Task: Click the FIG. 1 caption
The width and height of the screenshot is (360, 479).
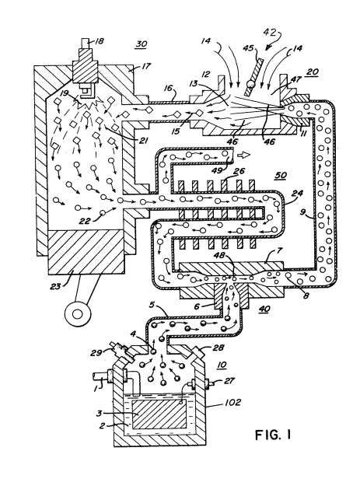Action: point(273,435)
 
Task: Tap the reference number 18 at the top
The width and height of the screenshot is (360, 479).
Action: point(100,41)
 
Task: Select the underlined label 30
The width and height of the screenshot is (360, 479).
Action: point(141,44)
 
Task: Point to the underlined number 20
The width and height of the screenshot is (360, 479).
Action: point(313,72)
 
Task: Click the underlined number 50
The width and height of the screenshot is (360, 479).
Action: point(281,176)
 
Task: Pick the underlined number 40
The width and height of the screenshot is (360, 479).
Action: point(264,309)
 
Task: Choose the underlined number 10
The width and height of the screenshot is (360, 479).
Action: point(222,365)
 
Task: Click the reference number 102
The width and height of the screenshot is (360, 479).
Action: point(232,402)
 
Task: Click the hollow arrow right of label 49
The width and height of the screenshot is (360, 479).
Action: point(245,156)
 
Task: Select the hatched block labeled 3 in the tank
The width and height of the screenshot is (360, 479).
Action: point(159,415)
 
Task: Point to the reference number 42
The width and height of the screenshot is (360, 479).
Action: point(271,33)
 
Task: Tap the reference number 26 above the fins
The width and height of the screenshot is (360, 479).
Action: point(239,171)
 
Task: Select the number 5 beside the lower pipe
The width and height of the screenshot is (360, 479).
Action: point(153,305)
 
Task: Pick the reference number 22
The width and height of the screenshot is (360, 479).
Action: point(85,221)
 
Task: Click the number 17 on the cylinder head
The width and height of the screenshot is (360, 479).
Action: point(146,66)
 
